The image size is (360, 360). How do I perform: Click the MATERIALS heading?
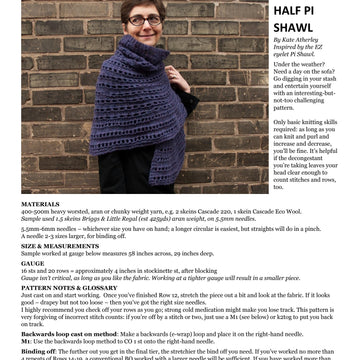coord(40,203)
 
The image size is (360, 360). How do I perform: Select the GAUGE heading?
coord(33,263)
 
